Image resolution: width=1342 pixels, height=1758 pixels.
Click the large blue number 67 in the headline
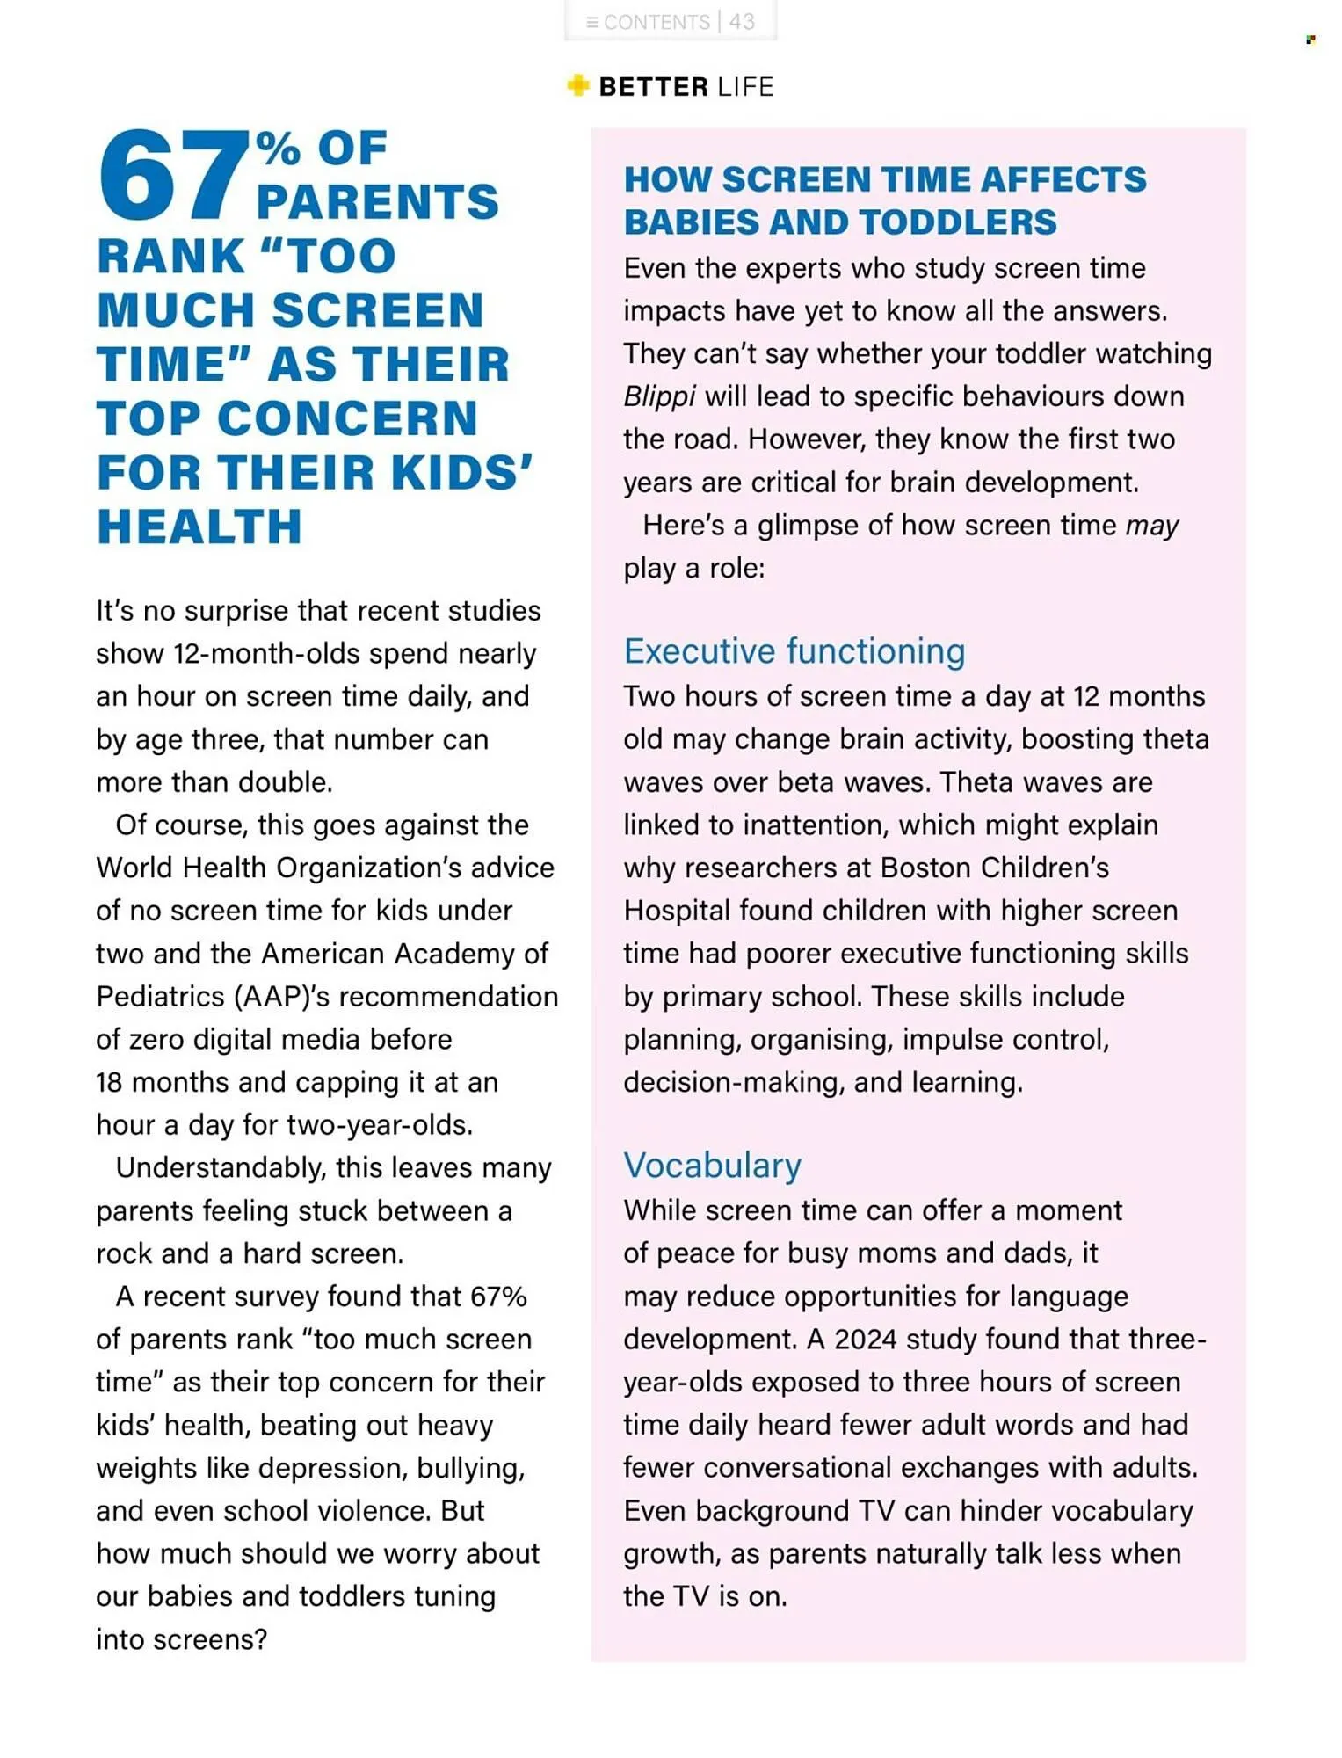(172, 175)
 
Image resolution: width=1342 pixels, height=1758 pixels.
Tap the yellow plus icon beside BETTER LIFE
(577, 85)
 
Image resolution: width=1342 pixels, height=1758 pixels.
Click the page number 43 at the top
(742, 22)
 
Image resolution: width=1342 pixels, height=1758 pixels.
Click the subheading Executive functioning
(794, 651)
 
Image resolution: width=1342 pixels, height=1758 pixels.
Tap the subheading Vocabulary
(712, 1166)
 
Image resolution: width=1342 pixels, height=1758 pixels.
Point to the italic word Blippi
(659, 396)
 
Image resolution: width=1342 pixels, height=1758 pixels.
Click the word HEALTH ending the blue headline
(199, 527)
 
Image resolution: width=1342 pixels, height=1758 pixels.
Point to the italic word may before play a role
(1151, 526)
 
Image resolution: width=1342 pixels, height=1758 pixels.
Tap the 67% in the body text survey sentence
(498, 1297)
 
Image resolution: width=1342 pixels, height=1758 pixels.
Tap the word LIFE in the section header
(744, 87)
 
